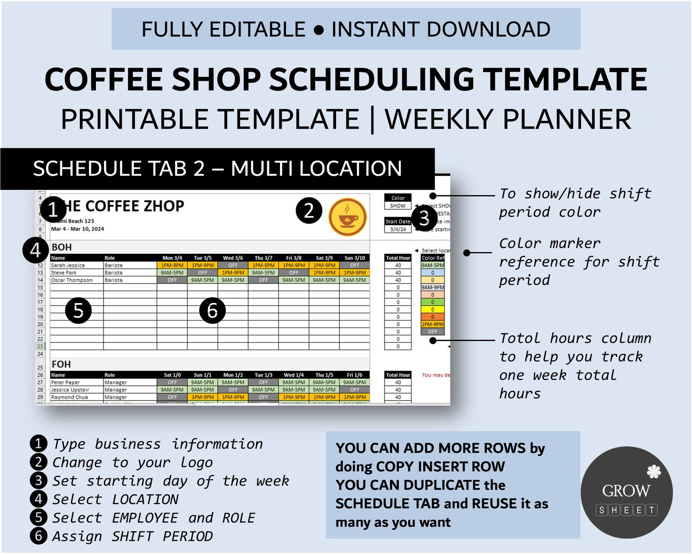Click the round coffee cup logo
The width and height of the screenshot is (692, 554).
(347, 217)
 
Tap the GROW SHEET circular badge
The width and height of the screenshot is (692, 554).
(626, 492)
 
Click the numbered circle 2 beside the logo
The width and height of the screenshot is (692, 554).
(309, 211)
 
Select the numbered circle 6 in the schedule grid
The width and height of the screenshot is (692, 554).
(212, 311)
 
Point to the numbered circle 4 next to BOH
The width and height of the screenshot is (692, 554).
(36, 250)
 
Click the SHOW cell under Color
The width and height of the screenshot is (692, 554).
(397, 206)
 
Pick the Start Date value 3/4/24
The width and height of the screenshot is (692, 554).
(398, 229)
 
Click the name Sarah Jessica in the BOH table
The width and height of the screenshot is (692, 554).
(68, 265)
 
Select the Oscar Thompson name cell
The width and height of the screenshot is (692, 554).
(72, 280)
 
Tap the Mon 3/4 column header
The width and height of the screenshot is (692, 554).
(172, 258)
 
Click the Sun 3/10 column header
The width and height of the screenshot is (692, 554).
(355, 258)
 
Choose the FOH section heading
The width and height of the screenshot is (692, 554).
(61, 364)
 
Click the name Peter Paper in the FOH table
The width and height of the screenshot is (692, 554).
(66, 383)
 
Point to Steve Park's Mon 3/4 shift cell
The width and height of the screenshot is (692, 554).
(172, 273)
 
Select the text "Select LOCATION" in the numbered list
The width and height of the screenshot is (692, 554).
(115, 499)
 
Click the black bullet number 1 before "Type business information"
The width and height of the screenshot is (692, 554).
(38, 444)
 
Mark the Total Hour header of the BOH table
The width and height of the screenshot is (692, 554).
(398, 258)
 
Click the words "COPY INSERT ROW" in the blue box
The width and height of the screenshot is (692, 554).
(440, 467)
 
